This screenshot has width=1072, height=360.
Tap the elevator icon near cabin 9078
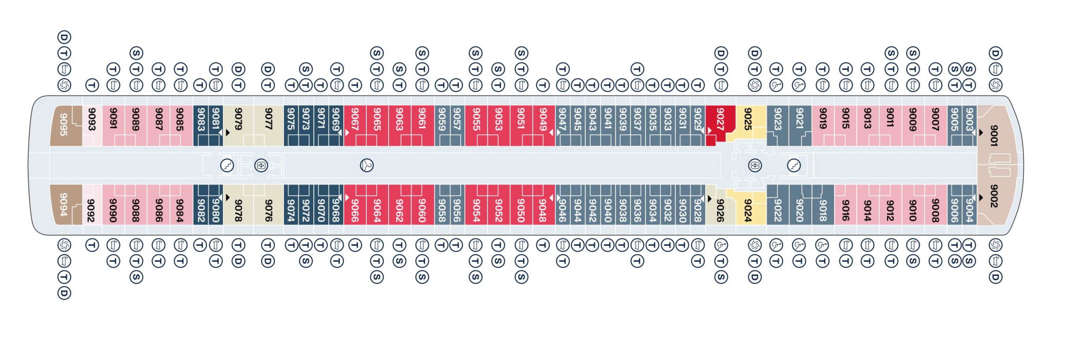click(x=261, y=165)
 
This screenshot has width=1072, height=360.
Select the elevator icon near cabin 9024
click(x=755, y=165)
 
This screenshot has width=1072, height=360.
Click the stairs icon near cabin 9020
click(x=794, y=165)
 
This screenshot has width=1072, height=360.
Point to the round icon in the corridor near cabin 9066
click(x=367, y=165)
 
